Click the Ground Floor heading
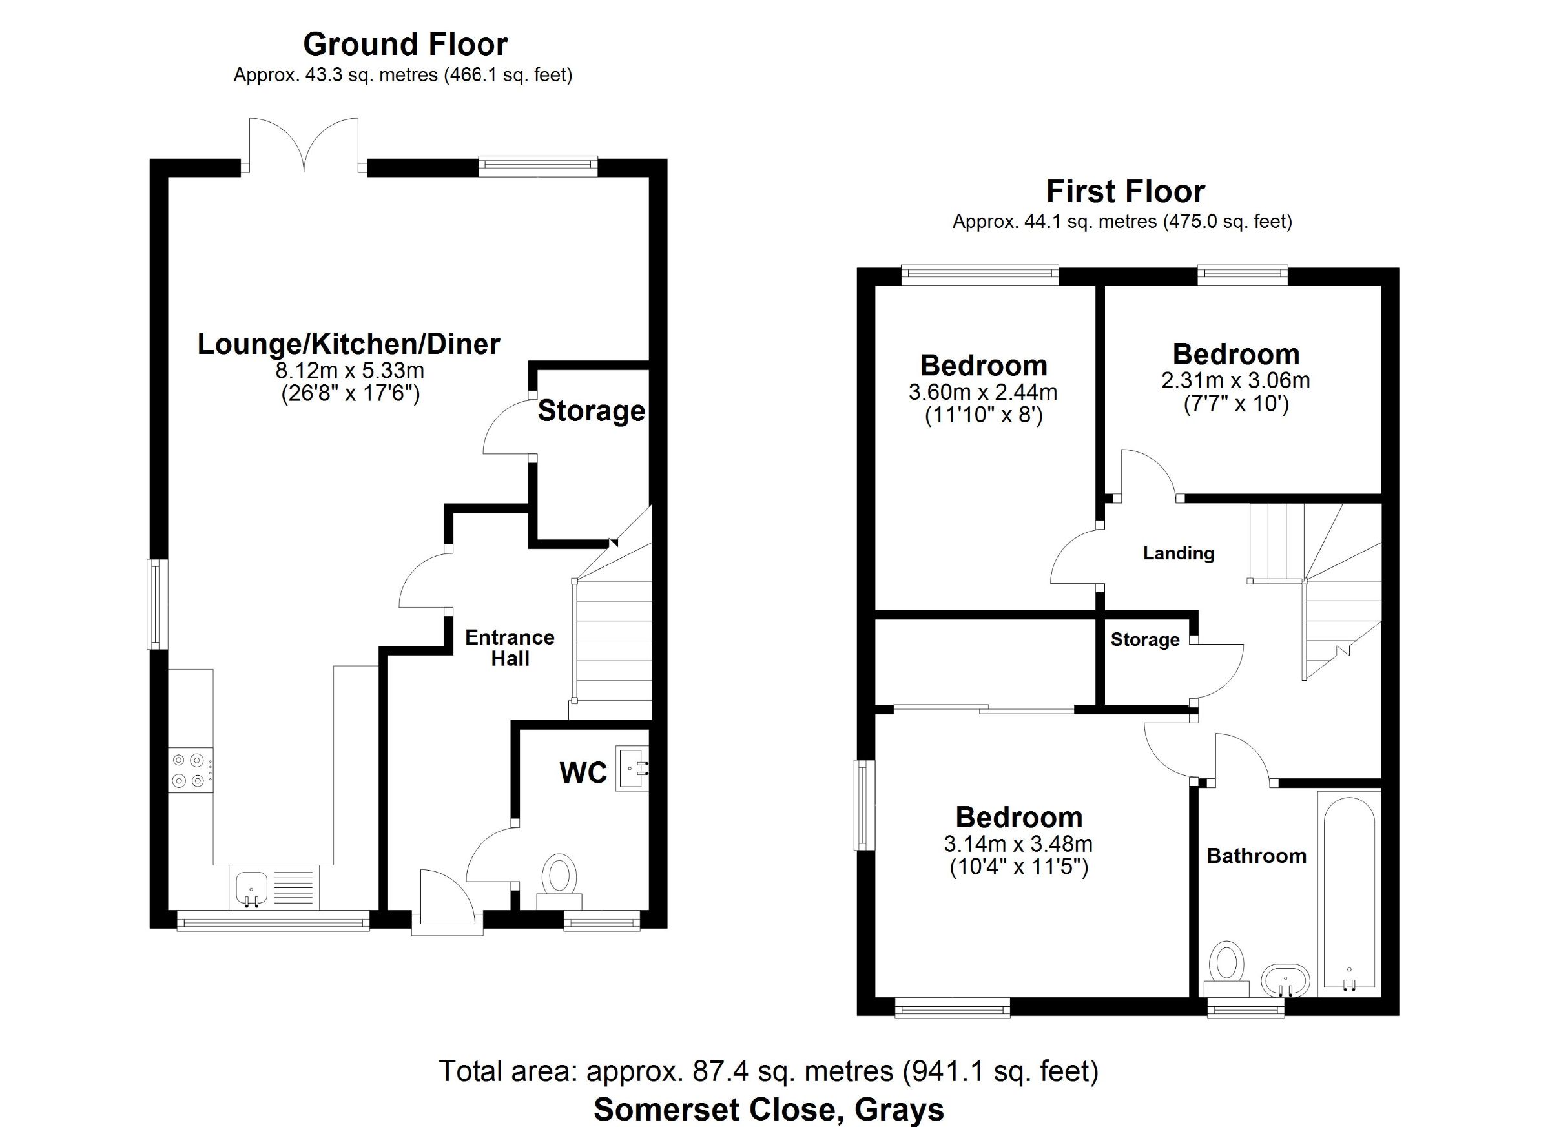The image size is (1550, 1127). (x=406, y=45)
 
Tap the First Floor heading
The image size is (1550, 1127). (x=1126, y=192)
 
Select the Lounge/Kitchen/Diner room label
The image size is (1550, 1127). (x=349, y=344)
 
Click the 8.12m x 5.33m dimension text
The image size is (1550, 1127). (x=350, y=371)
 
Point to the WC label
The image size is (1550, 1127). (x=583, y=773)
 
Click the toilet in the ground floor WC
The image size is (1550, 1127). (x=559, y=880)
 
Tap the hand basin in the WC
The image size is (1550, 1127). (x=632, y=768)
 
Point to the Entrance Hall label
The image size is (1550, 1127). (x=510, y=648)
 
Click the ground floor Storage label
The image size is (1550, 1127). (x=591, y=411)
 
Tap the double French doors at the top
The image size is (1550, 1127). (x=304, y=145)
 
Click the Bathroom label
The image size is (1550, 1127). (x=1256, y=856)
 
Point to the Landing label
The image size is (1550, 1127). (x=1179, y=553)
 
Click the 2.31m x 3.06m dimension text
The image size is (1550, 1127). (x=1235, y=380)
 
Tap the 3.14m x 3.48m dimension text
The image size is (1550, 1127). (x=1018, y=844)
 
